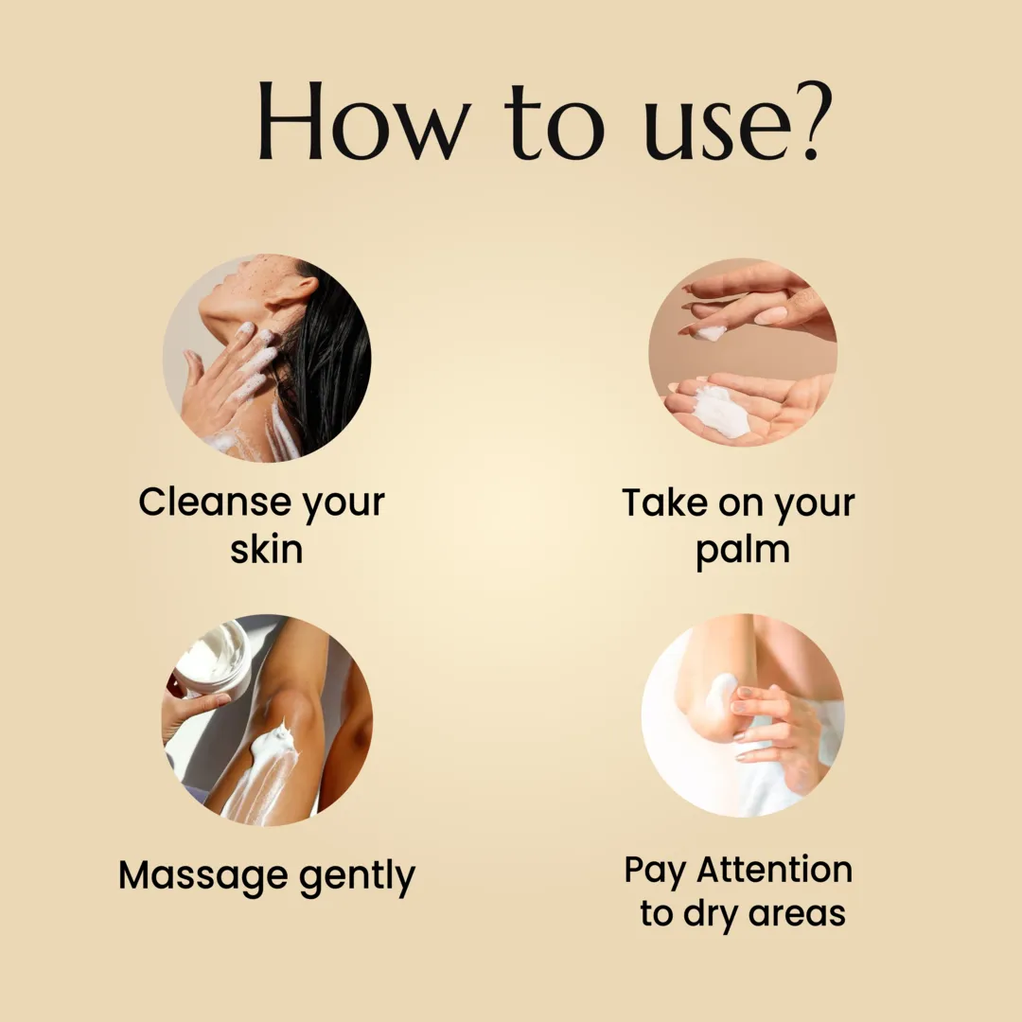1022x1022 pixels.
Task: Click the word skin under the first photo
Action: (267, 549)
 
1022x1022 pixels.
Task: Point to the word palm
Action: (743, 552)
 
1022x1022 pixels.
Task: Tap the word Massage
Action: (203, 876)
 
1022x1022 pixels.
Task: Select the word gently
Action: (357, 876)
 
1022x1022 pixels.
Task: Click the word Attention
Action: (775, 870)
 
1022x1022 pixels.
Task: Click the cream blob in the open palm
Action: (719, 412)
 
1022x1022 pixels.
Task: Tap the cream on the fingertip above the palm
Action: (709, 334)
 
